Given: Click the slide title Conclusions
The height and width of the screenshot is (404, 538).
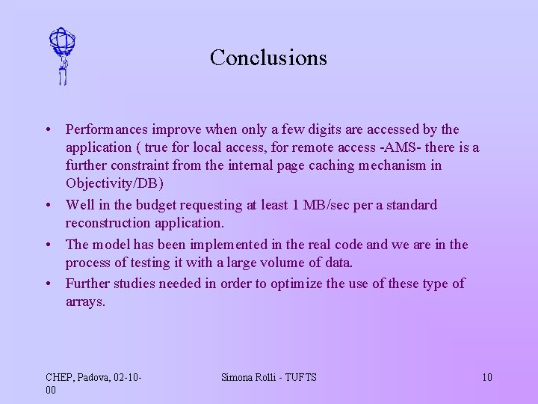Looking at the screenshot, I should pyautogui.click(x=268, y=58).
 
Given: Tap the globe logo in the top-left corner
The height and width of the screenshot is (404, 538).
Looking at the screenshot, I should pyautogui.click(x=62, y=56).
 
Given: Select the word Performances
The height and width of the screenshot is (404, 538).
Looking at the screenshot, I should pyautogui.click(x=107, y=130).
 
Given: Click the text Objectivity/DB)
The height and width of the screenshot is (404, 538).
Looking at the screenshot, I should pyautogui.click(x=114, y=184).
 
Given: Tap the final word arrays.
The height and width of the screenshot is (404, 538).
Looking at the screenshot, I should pyautogui.click(x=85, y=302).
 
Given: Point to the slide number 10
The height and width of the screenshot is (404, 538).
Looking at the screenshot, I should pyautogui.click(x=486, y=377).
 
